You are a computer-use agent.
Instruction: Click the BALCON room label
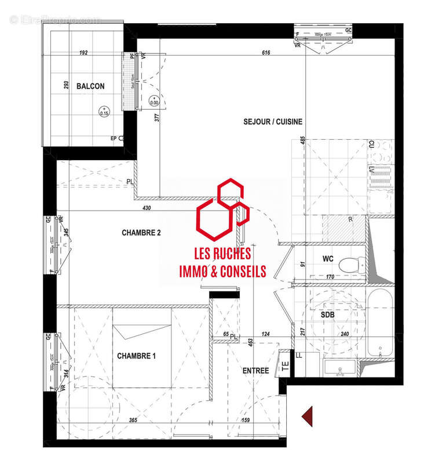[91, 86]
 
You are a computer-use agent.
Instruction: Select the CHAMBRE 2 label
[141, 233]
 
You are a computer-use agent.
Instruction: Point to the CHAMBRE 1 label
[136, 356]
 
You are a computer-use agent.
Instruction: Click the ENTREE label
[255, 371]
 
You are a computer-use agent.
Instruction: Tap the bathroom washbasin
[340, 368]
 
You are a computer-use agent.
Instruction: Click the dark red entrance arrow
[308, 416]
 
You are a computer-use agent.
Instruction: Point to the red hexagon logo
[222, 209]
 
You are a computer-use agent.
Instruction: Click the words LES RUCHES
[222, 254]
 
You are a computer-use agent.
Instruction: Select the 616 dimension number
[266, 53]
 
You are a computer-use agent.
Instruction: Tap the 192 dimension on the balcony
[83, 53]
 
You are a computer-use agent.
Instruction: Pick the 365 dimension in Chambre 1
[132, 419]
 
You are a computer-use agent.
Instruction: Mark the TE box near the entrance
[284, 365]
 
